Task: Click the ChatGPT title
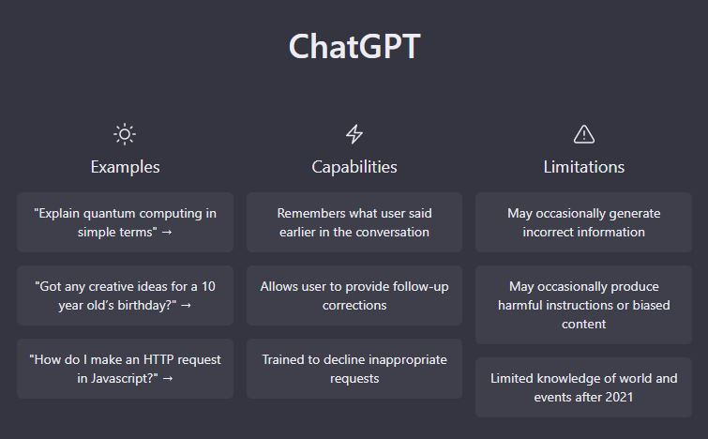(x=354, y=46)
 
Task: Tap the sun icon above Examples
(x=125, y=134)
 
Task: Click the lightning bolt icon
(x=354, y=134)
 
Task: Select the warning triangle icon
(x=584, y=134)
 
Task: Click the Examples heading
(x=125, y=167)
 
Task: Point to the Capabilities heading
(x=354, y=167)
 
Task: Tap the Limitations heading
(x=584, y=167)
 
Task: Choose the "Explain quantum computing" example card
(x=125, y=222)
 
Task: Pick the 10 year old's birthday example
(x=125, y=295)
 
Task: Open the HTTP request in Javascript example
(x=125, y=369)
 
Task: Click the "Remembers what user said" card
(x=354, y=222)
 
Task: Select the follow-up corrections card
(x=354, y=295)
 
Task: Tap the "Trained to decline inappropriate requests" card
(x=354, y=369)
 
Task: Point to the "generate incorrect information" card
(x=584, y=222)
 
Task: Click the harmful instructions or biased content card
(x=584, y=305)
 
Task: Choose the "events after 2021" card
(x=584, y=387)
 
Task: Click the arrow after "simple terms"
(x=167, y=232)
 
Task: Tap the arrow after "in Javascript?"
(x=168, y=378)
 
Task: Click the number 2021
(x=619, y=397)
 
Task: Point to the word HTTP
(x=158, y=359)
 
